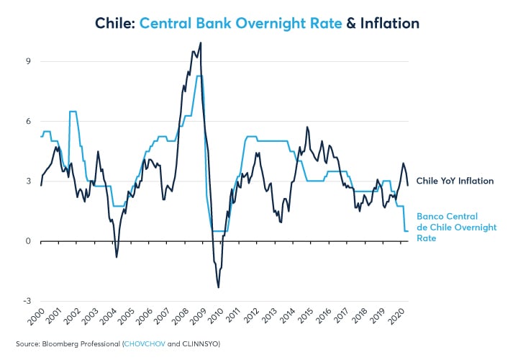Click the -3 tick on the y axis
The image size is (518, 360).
[26, 301]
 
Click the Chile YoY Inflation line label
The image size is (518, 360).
[455, 181]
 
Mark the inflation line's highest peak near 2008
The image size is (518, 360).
[200, 43]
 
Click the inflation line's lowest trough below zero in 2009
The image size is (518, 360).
[218, 287]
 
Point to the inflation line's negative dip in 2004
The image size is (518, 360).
[117, 256]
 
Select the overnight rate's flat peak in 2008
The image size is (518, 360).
[199, 76]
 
